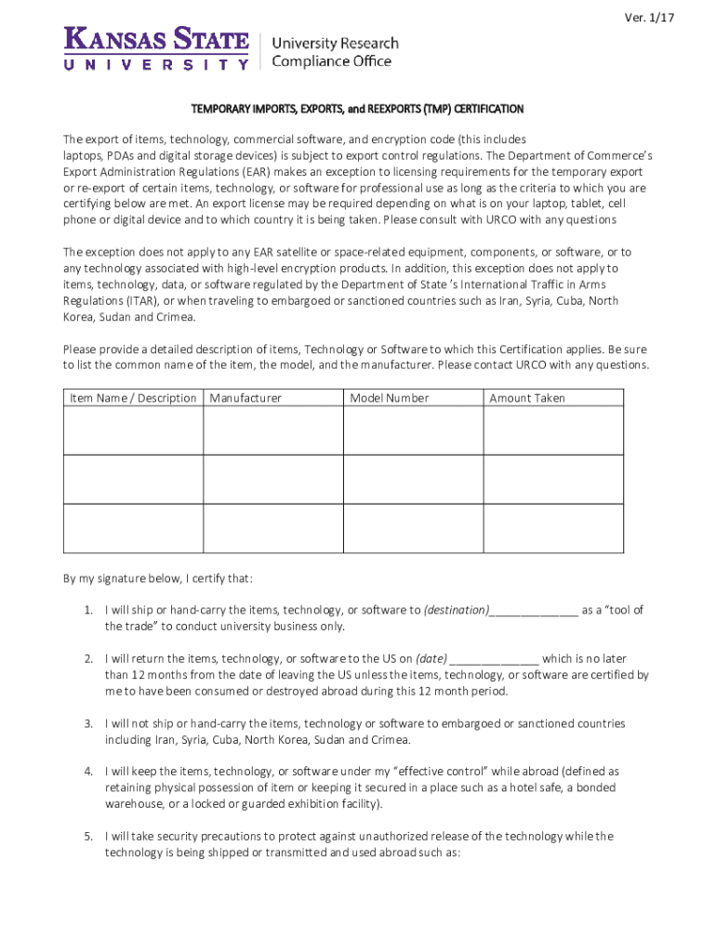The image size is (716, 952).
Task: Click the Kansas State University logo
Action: coord(156,48)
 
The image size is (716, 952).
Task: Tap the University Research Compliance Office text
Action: coord(334,52)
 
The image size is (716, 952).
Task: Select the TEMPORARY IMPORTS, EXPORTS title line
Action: coord(358,109)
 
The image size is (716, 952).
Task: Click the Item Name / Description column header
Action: coord(133,398)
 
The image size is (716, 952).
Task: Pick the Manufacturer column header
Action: coord(245,398)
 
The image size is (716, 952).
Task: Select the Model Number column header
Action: coord(389,398)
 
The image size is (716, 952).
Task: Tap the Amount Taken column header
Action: coord(526,398)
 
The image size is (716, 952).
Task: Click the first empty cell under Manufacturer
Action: coord(272,430)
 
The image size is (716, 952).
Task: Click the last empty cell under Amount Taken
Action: coord(553,528)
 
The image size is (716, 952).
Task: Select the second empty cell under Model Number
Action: coord(413,479)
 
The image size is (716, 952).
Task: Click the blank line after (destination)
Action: coord(533,611)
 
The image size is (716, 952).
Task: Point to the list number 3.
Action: coord(87,723)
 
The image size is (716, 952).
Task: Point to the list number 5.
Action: coord(87,836)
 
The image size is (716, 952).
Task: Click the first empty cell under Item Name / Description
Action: coord(133,430)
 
